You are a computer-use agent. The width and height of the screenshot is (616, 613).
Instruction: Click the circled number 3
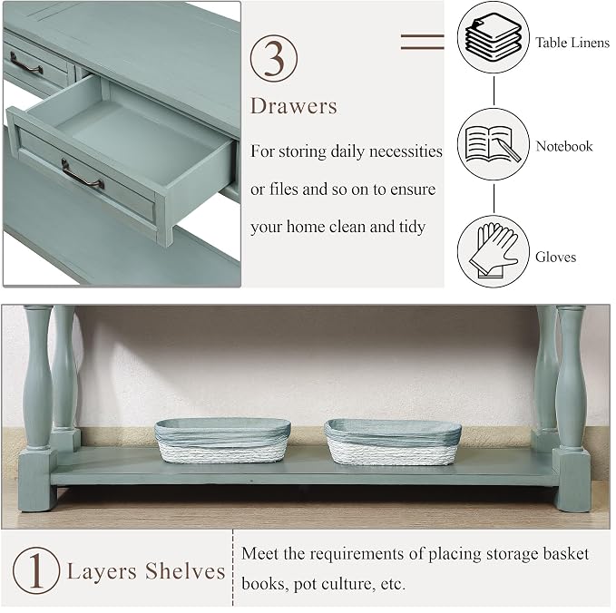pos(274,59)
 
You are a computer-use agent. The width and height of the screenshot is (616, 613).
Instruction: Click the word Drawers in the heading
pos(294,106)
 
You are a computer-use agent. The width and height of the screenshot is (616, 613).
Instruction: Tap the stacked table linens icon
pos(494,37)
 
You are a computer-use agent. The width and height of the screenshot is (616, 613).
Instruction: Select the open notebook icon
pos(494,144)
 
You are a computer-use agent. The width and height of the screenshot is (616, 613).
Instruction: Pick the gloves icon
pos(494,251)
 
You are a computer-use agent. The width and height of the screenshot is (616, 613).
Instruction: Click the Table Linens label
pos(572,43)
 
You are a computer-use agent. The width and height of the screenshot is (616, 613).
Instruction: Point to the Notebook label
pos(564,146)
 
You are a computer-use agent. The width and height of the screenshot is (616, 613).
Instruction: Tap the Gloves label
pos(555,257)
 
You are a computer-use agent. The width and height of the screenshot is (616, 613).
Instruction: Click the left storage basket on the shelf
pos(223,440)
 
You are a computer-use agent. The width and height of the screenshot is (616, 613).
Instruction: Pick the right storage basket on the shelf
pos(393,442)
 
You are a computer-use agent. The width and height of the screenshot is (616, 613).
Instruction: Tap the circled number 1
pos(36,570)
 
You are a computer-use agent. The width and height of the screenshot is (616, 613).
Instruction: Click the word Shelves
pos(185,570)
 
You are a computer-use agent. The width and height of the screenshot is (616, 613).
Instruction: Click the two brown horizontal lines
pos(423,42)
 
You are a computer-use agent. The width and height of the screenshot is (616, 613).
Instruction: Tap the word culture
pos(345,584)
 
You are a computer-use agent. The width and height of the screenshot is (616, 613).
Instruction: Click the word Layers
pos(102,572)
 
